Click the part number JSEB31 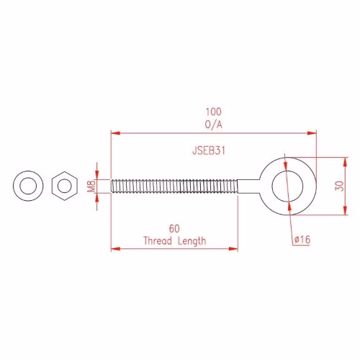point(209,150)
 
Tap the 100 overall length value point(214,112)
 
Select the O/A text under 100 point(214,125)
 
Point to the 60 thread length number point(174,229)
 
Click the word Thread point(158,240)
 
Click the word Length point(192,241)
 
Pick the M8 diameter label point(91,186)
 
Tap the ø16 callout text point(302,239)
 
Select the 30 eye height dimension point(339,186)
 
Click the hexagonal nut point(65,186)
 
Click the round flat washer point(28,186)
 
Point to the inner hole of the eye point(287,186)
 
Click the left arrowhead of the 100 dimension point(115,133)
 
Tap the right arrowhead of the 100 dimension point(312,133)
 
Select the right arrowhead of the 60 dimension point(233,248)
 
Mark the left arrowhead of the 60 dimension point(115,248)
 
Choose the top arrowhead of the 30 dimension point(345,162)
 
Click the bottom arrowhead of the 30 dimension point(345,210)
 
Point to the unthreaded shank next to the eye point(249,186)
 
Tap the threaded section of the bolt point(174,186)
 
